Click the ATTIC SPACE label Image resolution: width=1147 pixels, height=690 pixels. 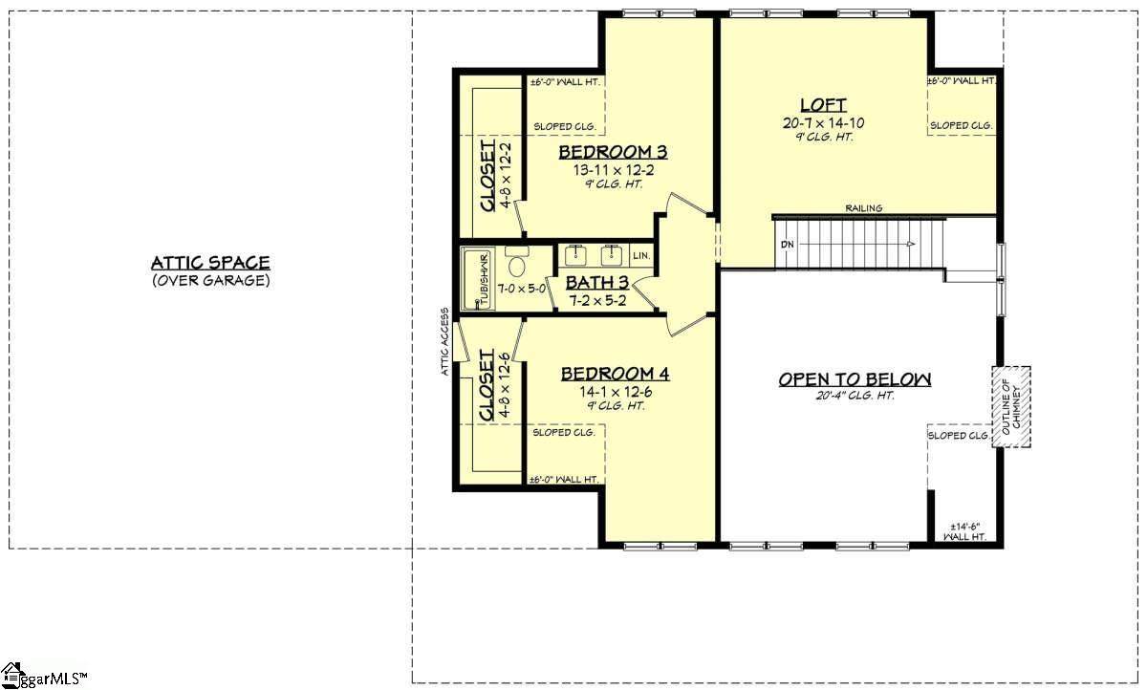tap(210, 263)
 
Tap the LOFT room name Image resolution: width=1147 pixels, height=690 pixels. tap(823, 105)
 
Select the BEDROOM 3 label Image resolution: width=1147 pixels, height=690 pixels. tap(613, 152)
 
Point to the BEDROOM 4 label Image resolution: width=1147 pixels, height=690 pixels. tap(615, 374)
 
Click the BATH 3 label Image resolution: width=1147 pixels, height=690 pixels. tap(597, 283)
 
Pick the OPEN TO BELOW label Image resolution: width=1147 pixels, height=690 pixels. tap(855, 379)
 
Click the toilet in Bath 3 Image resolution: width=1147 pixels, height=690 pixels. tap(516, 263)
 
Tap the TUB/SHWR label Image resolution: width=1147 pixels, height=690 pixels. tap(484, 278)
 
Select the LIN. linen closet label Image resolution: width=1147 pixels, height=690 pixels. tap(641, 255)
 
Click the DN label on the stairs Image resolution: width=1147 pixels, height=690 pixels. tap(788, 245)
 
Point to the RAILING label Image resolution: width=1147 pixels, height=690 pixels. tap(864, 208)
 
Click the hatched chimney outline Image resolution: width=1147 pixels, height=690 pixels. tap(1011, 407)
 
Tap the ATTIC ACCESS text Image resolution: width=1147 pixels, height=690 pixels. tap(445, 341)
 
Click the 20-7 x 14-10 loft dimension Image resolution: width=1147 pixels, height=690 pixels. tap(823, 123)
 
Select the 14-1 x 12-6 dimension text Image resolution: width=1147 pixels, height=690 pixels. tap(616, 392)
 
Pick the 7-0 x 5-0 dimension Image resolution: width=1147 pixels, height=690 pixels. tap(522, 289)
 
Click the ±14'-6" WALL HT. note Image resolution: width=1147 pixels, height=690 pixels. tap(965, 531)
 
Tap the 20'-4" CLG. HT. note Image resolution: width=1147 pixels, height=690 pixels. tap(855, 396)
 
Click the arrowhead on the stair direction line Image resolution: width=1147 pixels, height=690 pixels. tap(911, 244)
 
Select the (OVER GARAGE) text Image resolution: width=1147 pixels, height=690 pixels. tap(211, 281)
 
